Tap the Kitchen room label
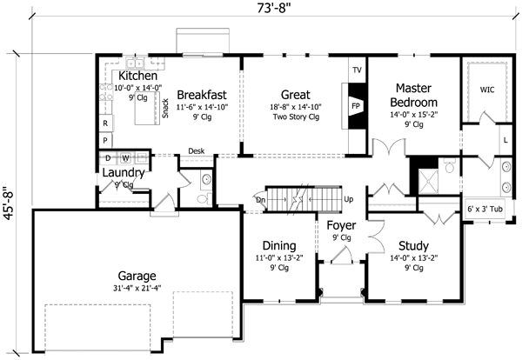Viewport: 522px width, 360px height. pos(137,77)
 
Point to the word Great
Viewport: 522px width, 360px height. pos(297,95)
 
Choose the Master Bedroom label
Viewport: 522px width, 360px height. pos(419,96)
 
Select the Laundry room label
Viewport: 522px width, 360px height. pos(122,171)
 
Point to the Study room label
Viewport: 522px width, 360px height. pos(401,246)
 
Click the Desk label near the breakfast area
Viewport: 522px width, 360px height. pos(196,150)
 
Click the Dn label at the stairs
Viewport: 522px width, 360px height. pos(260,199)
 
